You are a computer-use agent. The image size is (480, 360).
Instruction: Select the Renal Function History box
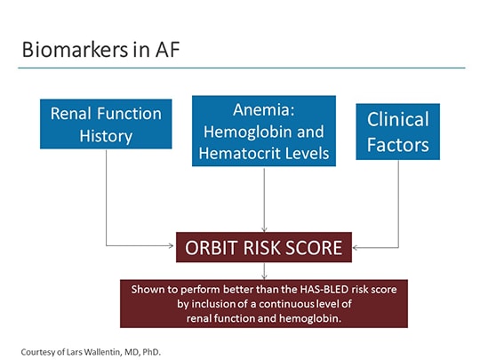coord(106,125)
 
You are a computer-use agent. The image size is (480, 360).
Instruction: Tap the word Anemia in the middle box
coord(264,111)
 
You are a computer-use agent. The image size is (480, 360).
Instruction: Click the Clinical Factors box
coord(397,131)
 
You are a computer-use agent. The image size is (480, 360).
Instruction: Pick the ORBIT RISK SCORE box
coord(263,247)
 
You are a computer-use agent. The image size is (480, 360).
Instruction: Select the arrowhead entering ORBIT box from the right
coord(356,247)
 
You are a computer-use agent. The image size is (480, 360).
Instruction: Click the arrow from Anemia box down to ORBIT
coord(264,200)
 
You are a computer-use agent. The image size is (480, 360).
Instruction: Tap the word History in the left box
coord(106,136)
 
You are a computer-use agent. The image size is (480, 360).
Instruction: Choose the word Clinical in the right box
coord(397,119)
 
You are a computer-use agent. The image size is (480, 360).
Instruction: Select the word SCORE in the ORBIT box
coord(315,247)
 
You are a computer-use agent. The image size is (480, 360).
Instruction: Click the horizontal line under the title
coord(240,68)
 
